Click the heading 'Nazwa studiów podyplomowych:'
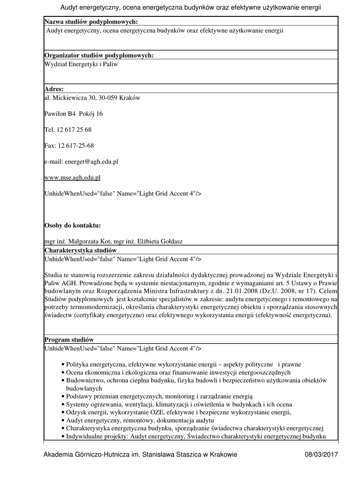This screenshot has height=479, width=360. (x=91, y=22)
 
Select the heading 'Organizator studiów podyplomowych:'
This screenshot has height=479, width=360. (x=99, y=56)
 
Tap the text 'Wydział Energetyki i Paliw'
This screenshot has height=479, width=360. (x=81, y=64)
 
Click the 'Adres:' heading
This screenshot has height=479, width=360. (x=54, y=89)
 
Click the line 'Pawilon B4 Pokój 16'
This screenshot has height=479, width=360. (x=73, y=114)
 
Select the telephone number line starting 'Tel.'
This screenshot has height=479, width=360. (x=68, y=130)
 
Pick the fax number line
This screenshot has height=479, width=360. (x=69, y=145)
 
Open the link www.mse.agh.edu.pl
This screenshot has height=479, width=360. (x=72, y=177)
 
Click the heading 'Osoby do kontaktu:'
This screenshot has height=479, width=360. (x=73, y=225)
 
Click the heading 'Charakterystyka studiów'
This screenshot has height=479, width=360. (x=80, y=250)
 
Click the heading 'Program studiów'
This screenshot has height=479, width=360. (x=69, y=339)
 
